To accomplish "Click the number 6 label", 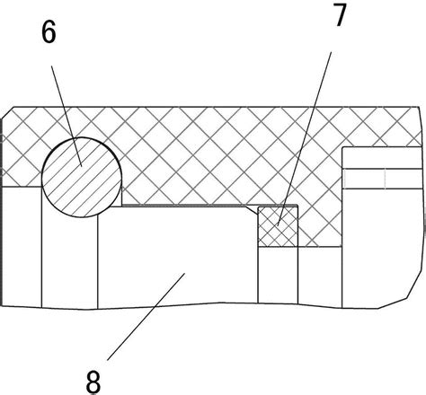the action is pyautogui.click(x=49, y=32).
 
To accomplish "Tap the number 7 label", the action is pyautogui.click(x=340, y=14).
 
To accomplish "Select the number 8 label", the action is pyautogui.click(x=93, y=382).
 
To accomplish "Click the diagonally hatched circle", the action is pyautogui.click(x=82, y=177).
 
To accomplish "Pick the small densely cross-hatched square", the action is pyautogui.click(x=278, y=226).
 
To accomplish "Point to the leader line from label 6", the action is pyautogui.click(x=67, y=116).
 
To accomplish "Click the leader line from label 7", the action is pyautogui.click(x=305, y=138).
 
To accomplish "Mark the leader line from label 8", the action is pyautogui.click(x=146, y=317).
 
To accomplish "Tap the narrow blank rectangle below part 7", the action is pyautogui.click(x=278, y=276).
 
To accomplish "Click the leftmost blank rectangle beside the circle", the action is pyautogui.click(x=22, y=247).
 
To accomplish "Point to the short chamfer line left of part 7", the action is pyautogui.click(x=252, y=210).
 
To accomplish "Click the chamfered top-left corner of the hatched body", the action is pyautogui.click(x=7, y=112).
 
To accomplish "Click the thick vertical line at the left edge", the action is pyautogui.click(x=2, y=212).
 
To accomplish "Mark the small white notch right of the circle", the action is pyautogui.click(x=117, y=197).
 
